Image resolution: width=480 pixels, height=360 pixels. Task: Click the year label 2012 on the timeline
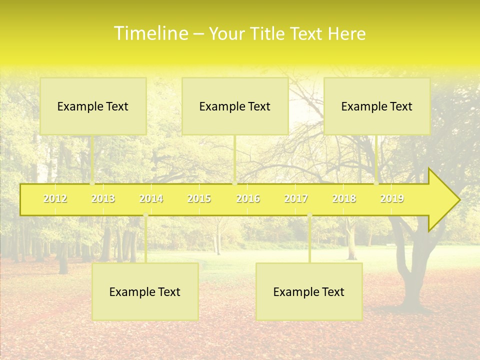pos(55,198)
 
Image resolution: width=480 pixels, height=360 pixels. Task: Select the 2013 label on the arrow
pos(103,198)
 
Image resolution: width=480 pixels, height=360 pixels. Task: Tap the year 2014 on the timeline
pos(151,198)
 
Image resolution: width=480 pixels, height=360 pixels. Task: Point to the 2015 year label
pos(199,198)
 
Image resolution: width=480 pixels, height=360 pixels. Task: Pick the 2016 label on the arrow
pos(248,198)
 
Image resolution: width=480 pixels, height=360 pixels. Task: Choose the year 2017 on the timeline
pos(296,198)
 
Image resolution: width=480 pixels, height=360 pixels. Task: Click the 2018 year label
pos(344,198)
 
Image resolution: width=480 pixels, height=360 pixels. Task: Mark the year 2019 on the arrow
pos(392,198)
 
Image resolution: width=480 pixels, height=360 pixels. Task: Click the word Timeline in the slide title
pos(150,33)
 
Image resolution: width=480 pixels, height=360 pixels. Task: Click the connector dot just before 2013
pos(92,183)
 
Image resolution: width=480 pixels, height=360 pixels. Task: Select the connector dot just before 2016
pos(234,183)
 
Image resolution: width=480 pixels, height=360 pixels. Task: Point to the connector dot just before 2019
pos(376,183)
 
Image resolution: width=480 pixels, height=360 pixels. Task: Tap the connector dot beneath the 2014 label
pos(145,215)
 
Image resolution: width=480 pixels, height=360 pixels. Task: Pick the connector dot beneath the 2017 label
pos(309,215)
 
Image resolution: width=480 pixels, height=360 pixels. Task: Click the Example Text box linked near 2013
pos(93,106)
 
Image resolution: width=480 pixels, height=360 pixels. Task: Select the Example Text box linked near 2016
pos(235,106)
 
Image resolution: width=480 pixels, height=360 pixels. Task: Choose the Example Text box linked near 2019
pos(377,106)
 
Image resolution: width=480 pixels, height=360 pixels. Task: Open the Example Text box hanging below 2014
pos(145,291)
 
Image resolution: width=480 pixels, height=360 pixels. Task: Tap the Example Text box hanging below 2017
pos(309,291)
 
